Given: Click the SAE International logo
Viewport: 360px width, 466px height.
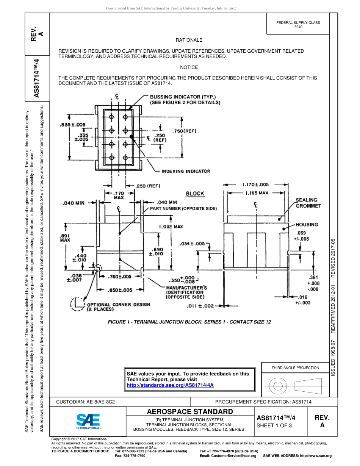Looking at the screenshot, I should pos(88,421).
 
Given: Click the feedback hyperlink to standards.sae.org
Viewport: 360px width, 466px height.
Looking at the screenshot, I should pos(170,385).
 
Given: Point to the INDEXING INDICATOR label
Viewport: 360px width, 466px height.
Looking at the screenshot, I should pos(186,171).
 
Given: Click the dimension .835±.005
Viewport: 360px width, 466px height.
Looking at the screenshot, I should pos(73,125).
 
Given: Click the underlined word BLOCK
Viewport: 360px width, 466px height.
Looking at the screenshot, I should pos(195,194).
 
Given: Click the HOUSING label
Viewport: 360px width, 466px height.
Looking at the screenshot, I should pos(307,225).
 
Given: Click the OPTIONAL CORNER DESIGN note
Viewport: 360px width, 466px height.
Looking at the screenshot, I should pos(119,306).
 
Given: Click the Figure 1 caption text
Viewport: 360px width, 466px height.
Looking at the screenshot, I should pos(189,322).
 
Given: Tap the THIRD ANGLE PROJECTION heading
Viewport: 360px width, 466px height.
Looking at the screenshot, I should pos(295,367).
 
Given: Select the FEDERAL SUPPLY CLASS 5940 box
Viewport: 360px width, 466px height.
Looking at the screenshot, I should pos(298,25).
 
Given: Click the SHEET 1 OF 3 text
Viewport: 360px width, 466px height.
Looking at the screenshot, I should pos(274,425).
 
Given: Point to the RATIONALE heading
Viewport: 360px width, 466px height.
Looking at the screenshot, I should pos(189,40).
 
